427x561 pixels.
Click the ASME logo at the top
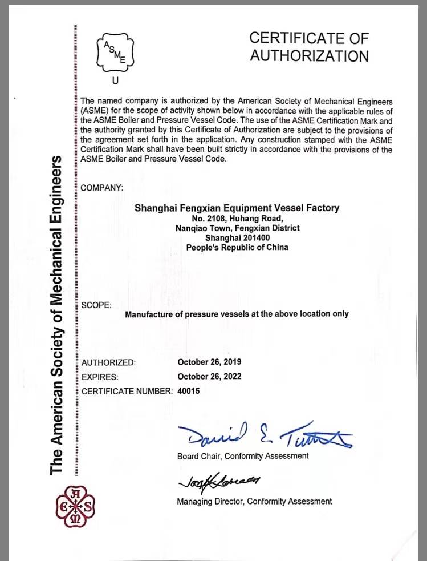click(x=115, y=51)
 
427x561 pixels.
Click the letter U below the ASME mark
click(x=115, y=80)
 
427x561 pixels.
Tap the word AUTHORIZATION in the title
click(x=309, y=56)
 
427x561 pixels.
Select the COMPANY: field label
click(x=102, y=188)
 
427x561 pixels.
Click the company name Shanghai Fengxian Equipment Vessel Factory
click(x=237, y=208)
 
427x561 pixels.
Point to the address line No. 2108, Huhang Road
click(x=237, y=218)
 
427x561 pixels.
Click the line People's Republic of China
click(x=237, y=247)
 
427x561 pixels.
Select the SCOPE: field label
click(x=96, y=305)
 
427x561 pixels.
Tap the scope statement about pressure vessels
click(x=237, y=314)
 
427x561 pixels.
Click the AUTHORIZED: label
click(x=109, y=362)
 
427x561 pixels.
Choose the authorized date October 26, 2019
click(x=209, y=362)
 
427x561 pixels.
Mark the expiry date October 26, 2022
click(x=209, y=376)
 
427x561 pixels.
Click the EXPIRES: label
click(x=100, y=377)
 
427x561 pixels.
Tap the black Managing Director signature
click(x=219, y=481)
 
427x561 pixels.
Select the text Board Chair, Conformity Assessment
click(x=243, y=455)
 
